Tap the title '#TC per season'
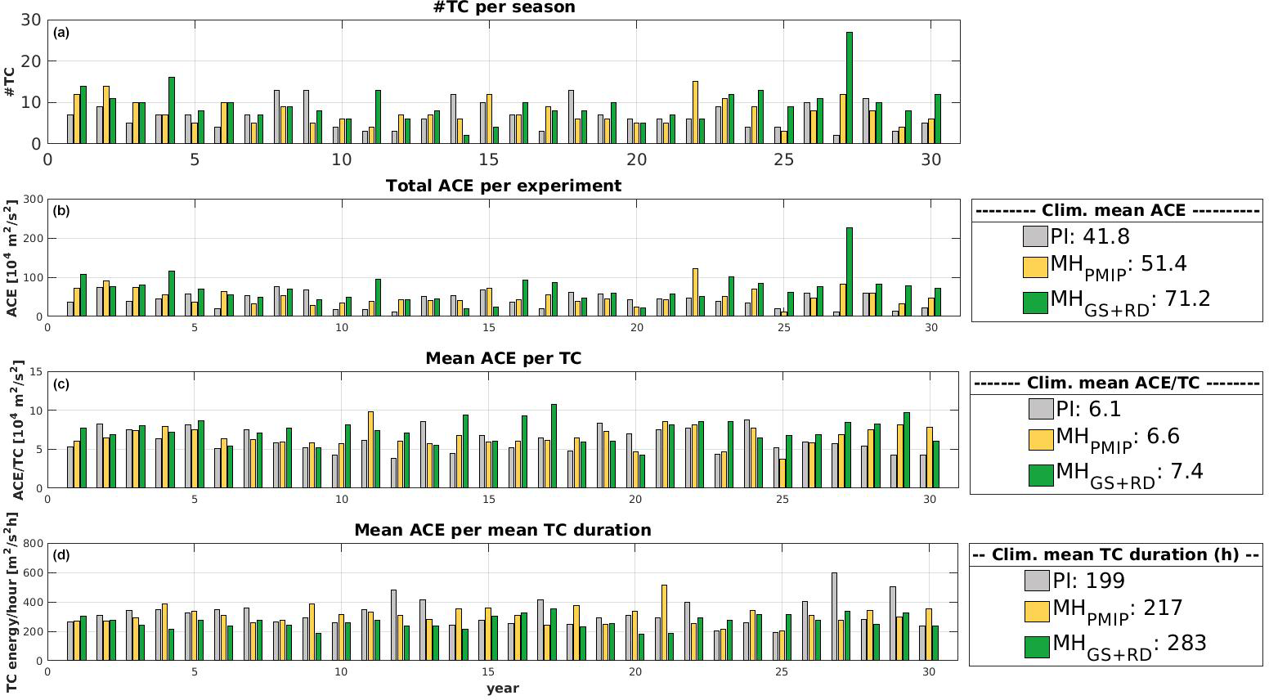coord(504,7)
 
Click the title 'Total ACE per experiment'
coord(504,186)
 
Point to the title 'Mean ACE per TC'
coord(504,358)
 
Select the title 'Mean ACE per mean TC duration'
coord(503,530)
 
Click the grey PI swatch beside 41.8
coord(1035,236)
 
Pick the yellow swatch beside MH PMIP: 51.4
coord(1035,267)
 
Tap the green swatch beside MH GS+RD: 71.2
coord(1035,302)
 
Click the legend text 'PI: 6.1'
coord(1088,409)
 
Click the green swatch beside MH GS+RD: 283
coord(1037,647)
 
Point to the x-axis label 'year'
coord(503,689)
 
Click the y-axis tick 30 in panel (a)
coord(32,20)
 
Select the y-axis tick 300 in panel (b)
coord(34,199)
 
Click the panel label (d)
coord(61,555)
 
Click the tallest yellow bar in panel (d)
coord(664,622)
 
